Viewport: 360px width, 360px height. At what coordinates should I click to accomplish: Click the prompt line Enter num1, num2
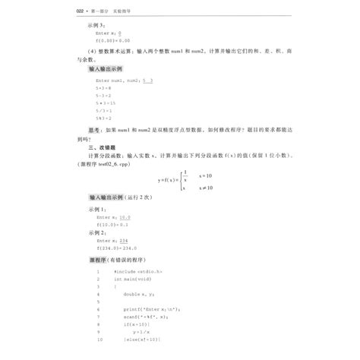(x=114, y=80)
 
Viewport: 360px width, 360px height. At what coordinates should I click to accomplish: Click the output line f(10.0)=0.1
(x=112, y=226)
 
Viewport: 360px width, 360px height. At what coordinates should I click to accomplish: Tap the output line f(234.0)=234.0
(x=115, y=248)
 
